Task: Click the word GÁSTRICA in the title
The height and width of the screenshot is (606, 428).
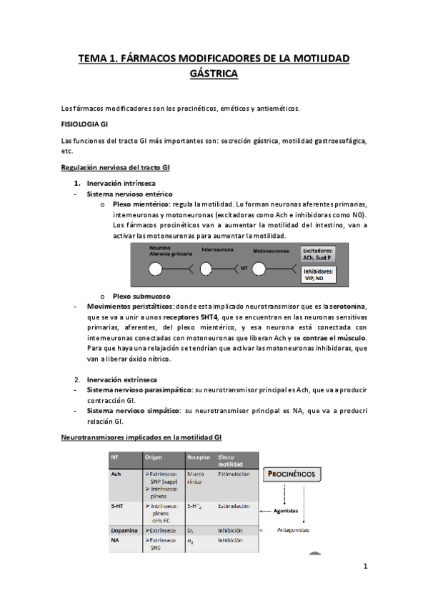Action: (x=214, y=74)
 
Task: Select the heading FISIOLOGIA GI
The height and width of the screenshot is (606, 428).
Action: (x=85, y=124)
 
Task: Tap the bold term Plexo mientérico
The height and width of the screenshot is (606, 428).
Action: (x=136, y=204)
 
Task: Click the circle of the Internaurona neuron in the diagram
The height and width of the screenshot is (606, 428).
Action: (x=206, y=269)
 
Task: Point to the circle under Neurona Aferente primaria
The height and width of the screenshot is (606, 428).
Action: (x=153, y=269)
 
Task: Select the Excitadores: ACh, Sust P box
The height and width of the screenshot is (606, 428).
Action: (x=319, y=254)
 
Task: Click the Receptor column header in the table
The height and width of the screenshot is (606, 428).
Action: (x=198, y=457)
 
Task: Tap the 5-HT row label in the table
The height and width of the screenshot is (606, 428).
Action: (x=116, y=506)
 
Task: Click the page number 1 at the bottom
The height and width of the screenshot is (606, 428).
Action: (x=364, y=568)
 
